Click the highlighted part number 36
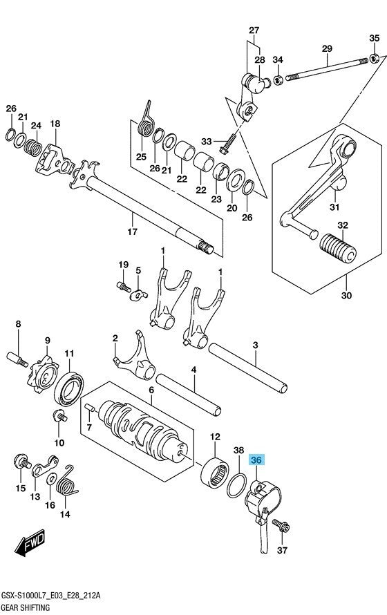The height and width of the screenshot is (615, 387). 257,460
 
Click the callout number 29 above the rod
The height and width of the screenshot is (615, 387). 327,48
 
